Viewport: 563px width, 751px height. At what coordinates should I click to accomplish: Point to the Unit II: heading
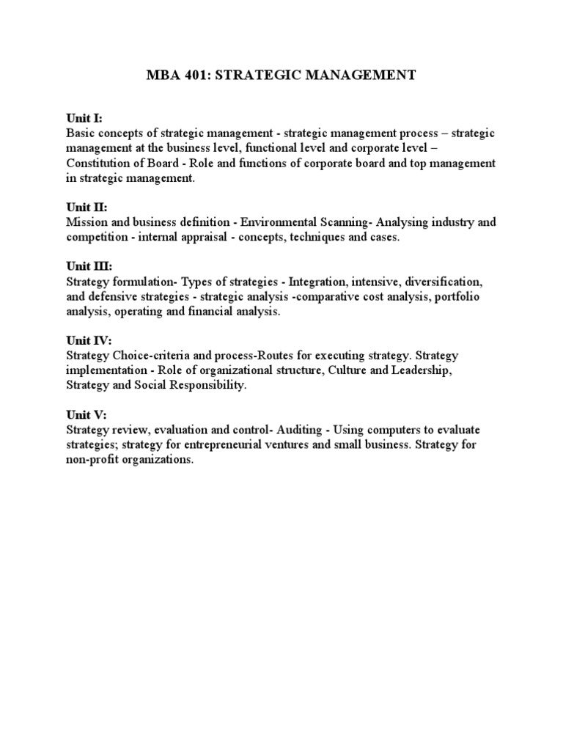point(87,208)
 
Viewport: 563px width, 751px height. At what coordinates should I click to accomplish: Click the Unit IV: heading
point(89,341)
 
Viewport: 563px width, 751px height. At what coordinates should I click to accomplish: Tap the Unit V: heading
point(86,415)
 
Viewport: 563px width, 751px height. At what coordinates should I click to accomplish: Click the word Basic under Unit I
point(80,133)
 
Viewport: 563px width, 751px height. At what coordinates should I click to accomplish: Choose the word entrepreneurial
point(239,445)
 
